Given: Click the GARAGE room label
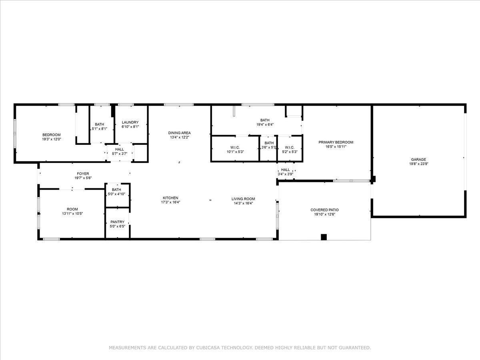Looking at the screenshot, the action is pyautogui.click(x=418, y=160).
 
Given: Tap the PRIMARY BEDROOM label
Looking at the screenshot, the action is pyautogui.click(x=336, y=142).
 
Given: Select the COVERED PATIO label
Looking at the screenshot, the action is pyautogui.click(x=324, y=210).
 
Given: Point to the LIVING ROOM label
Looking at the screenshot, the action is pyautogui.click(x=243, y=199).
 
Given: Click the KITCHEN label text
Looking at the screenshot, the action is pyautogui.click(x=170, y=198).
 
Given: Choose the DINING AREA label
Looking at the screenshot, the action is pyautogui.click(x=179, y=133).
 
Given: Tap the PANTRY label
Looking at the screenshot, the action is pyautogui.click(x=118, y=222).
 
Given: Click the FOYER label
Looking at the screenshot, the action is pyautogui.click(x=83, y=174).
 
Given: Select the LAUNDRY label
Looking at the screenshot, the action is pyautogui.click(x=130, y=122).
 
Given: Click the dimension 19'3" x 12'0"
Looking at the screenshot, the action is pyautogui.click(x=51, y=139).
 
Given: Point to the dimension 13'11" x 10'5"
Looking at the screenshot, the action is pyautogui.click(x=72, y=214).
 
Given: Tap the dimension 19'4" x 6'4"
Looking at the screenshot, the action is pyautogui.click(x=265, y=124).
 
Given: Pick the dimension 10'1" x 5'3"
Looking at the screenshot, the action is pyautogui.click(x=235, y=152).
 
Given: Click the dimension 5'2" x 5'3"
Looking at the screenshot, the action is pyautogui.click(x=290, y=152).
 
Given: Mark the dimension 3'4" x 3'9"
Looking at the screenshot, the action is pyautogui.click(x=285, y=174).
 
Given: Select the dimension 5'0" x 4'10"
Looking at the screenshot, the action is pyautogui.click(x=116, y=194).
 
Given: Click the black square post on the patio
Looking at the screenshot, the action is pyautogui.click(x=324, y=237).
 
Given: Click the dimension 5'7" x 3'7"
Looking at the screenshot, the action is pyautogui.click(x=119, y=154).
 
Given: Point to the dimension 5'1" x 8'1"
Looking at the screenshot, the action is pyautogui.click(x=100, y=129).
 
